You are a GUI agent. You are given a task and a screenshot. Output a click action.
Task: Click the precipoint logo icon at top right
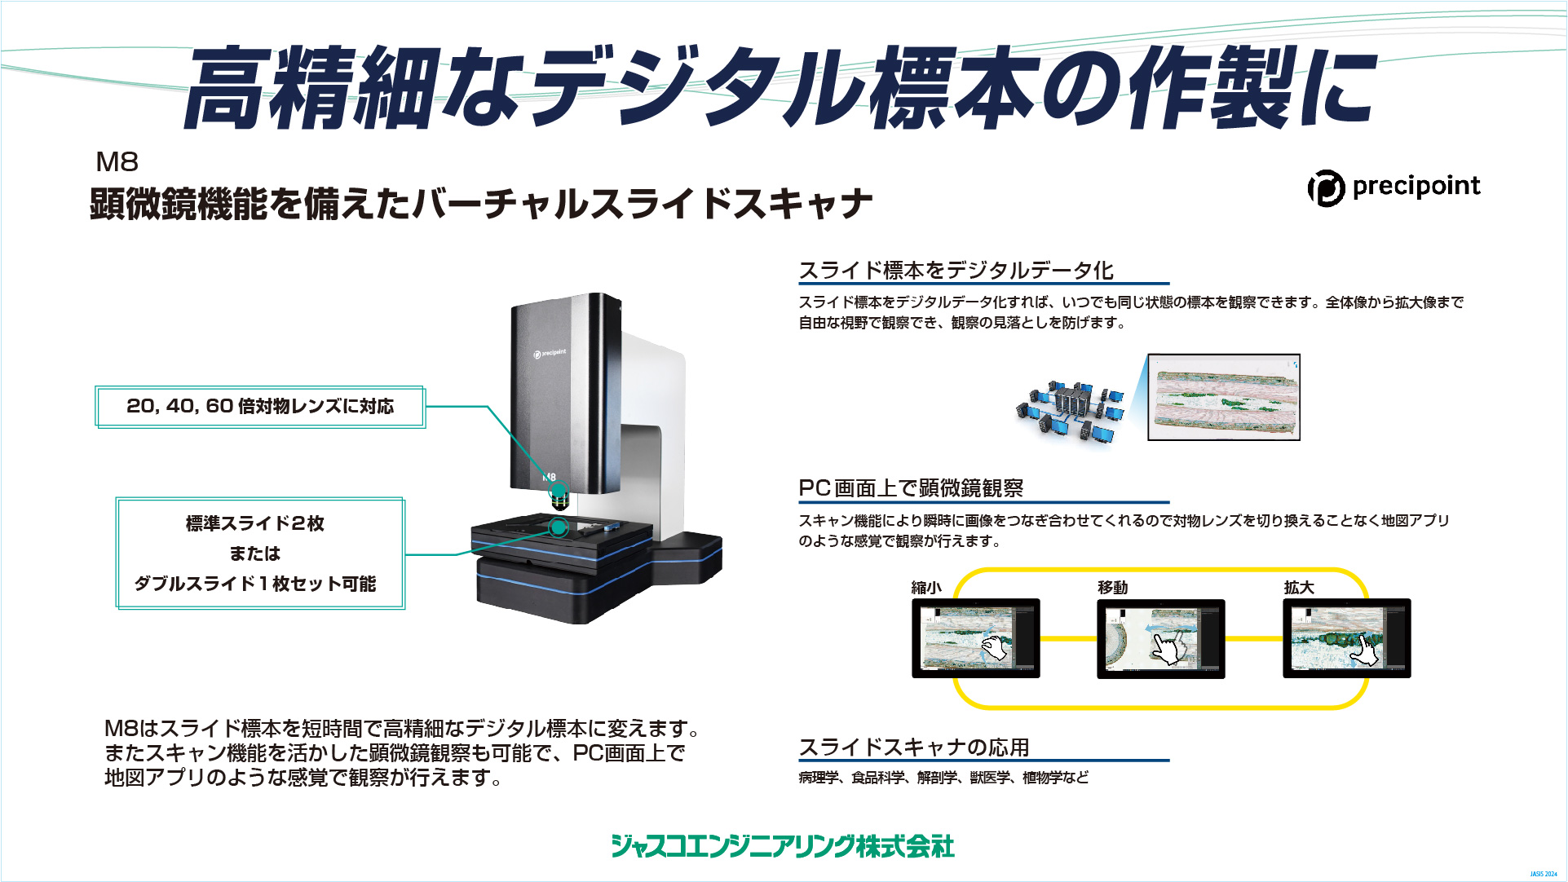[1326, 188]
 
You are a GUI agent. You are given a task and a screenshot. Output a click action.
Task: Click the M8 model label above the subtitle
[117, 161]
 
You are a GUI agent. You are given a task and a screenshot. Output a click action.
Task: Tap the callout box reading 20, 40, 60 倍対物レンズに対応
[260, 406]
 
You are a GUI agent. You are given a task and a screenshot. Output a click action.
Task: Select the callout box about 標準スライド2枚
[260, 553]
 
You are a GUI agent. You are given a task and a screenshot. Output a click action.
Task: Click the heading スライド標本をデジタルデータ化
[956, 270]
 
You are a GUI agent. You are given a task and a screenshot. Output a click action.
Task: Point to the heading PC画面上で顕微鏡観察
[911, 487]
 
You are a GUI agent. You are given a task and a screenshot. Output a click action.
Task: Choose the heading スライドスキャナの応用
[913, 747]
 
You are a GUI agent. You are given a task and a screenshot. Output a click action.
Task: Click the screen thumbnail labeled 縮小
[975, 638]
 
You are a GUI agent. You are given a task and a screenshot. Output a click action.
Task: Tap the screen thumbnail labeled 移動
[1160, 638]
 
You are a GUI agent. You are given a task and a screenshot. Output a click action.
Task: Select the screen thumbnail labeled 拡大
[1346, 638]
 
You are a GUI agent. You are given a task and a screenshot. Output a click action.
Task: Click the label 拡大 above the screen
[1299, 587]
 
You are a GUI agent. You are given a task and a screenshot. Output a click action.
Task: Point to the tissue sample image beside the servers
[1223, 397]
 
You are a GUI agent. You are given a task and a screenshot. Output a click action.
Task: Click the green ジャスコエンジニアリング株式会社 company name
[783, 846]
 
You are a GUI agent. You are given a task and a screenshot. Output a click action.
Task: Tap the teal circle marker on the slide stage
[559, 527]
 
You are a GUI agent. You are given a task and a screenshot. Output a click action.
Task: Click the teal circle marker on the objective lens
[559, 491]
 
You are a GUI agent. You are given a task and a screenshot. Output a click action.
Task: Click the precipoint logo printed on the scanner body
[550, 353]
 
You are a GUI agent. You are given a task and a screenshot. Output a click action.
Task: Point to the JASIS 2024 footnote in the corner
[1544, 874]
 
